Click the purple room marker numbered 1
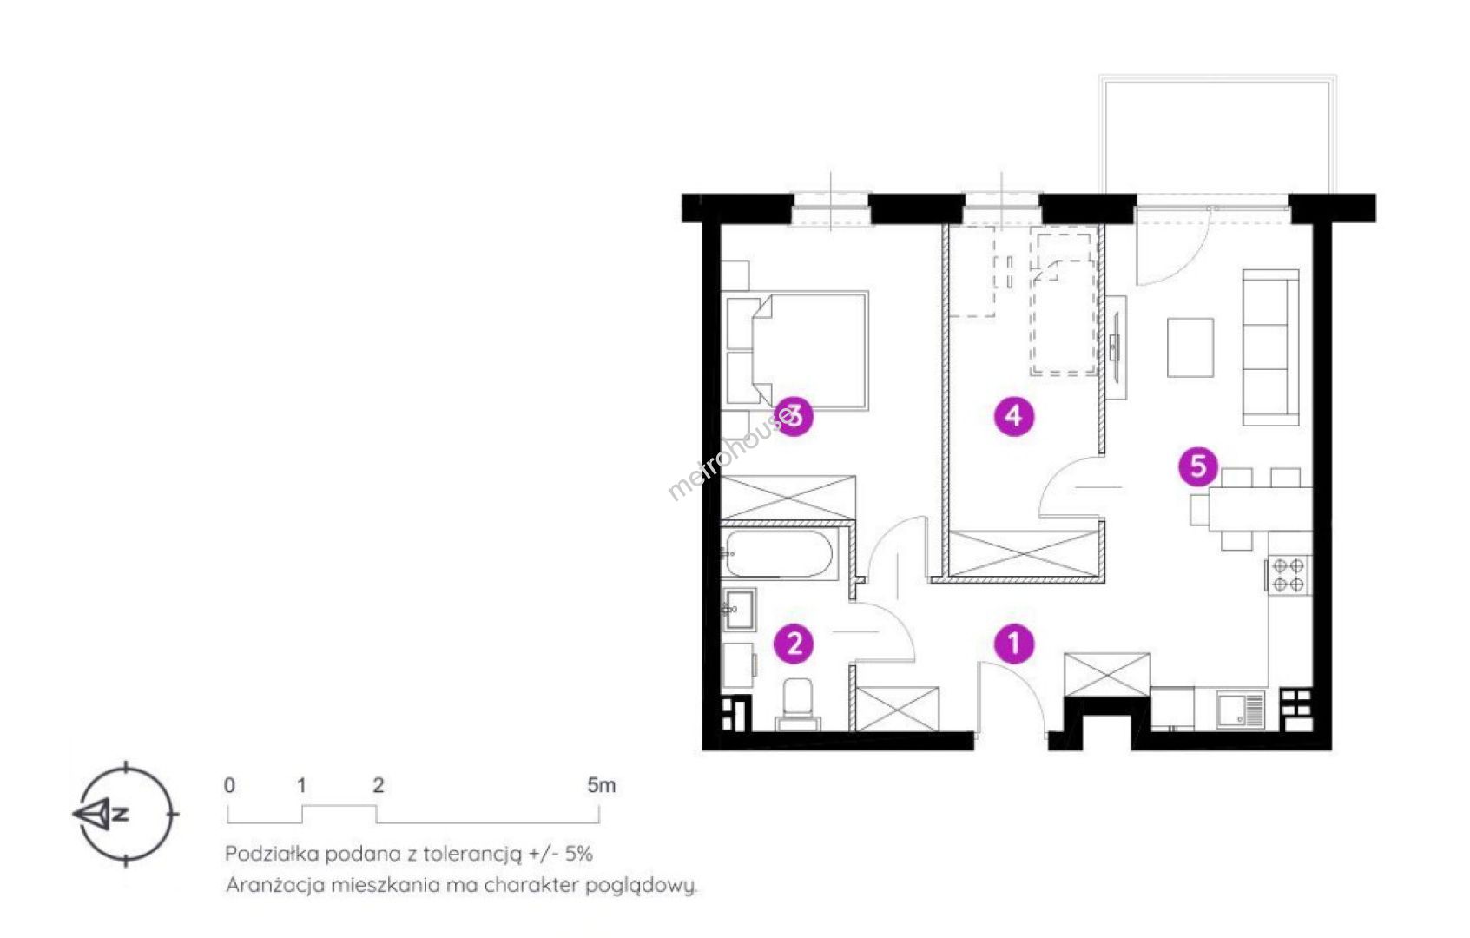click(x=1014, y=644)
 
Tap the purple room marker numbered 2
click(x=794, y=644)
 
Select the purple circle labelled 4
click(x=1014, y=415)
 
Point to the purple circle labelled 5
click(x=1198, y=466)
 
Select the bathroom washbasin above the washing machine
click(x=739, y=609)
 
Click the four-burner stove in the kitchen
click(x=1289, y=575)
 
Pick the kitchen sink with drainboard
click(x=1240, y=710)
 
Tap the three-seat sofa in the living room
click(x=1270, y=347)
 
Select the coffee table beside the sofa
click(x=1190, y=347)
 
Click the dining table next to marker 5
click(x=1260, y=509)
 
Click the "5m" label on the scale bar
click(x=601, y=785)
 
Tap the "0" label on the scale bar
click(x=229, y=785)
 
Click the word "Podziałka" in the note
click(x=272, y=854)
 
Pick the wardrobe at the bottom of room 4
click(x=1024, y=554)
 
